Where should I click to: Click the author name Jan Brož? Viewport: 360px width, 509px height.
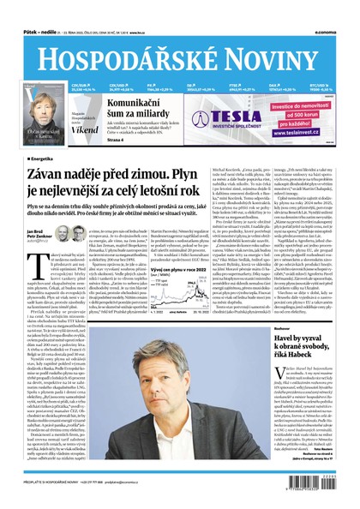[x=35, y=231]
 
